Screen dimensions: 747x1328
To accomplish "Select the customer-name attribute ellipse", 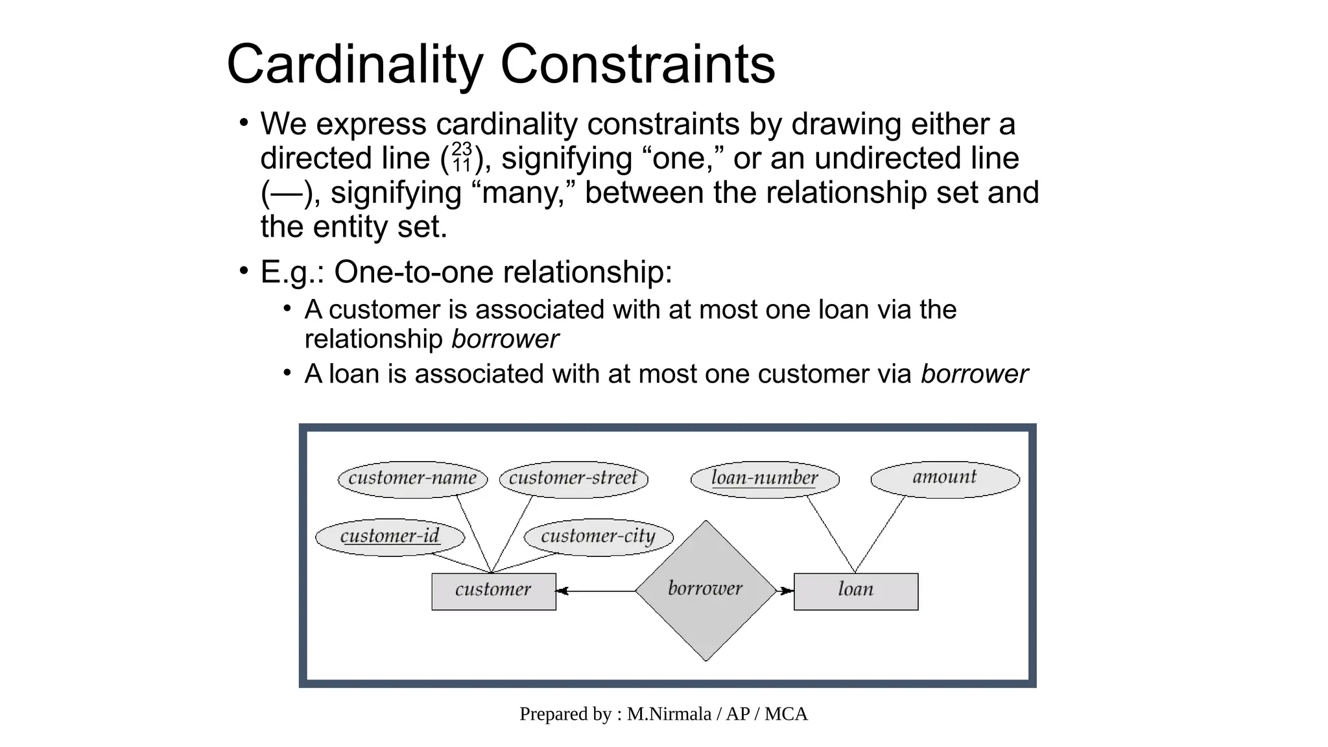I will click(412, 479).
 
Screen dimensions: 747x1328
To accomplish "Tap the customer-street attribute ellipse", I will click(573, 479).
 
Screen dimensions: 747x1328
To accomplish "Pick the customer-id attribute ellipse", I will click(390, 537).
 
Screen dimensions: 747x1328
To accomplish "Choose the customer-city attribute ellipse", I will click(598, 537).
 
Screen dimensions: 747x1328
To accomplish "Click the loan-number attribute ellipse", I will click(765, 479).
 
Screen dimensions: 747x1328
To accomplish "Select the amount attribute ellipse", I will click(944, 479).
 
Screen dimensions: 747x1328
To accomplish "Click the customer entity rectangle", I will click(493, 591).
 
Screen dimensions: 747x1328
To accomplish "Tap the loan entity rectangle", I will click(855, 591).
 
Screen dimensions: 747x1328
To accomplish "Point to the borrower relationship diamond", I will click(705, 590).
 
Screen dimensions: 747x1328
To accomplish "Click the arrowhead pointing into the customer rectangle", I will click(562, 591).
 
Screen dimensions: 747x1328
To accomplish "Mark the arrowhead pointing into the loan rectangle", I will click(787, 591).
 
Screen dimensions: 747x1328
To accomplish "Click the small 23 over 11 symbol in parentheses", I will click(461, 158).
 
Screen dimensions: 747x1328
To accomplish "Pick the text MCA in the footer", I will click(786, 714).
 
